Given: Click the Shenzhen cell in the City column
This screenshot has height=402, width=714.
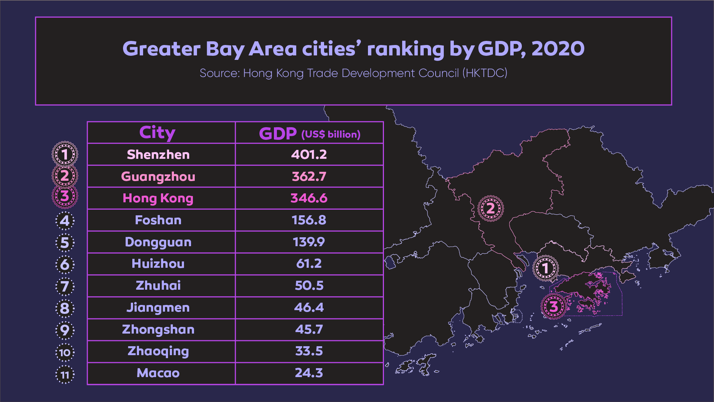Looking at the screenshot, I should [158, 155].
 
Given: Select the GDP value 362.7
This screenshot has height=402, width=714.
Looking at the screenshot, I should [309, 176].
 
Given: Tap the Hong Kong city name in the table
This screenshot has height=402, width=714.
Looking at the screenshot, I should [158, 198].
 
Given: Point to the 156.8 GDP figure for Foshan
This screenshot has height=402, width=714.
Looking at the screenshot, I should [309, 220].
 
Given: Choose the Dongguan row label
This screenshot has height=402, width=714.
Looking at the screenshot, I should [158, 242].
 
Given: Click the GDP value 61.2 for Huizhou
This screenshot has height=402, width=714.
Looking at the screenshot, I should [309, 264].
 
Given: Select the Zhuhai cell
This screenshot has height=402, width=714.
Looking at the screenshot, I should [158, 286].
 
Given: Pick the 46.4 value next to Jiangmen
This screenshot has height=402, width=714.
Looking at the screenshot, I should [309, 308].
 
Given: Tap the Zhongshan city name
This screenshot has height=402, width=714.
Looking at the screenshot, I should [158, 329].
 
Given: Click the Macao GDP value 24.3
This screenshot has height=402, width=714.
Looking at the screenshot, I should [309, 373].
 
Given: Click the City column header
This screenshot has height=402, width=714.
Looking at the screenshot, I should [157, 132].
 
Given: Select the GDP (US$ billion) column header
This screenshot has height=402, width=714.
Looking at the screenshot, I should [309, 134].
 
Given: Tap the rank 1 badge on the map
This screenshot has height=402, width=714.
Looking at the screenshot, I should [545, 268].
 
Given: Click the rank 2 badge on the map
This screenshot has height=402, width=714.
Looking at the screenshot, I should [490, 209].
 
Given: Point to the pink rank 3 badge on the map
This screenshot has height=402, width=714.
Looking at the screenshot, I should [553, 307].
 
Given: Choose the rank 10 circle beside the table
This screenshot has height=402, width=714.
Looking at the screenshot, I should [65, 353].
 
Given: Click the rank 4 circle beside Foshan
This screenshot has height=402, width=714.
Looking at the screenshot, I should [65, 221].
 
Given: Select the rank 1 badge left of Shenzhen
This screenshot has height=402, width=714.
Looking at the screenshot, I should [65, 154].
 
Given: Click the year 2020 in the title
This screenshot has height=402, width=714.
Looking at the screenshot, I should [558, 49].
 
